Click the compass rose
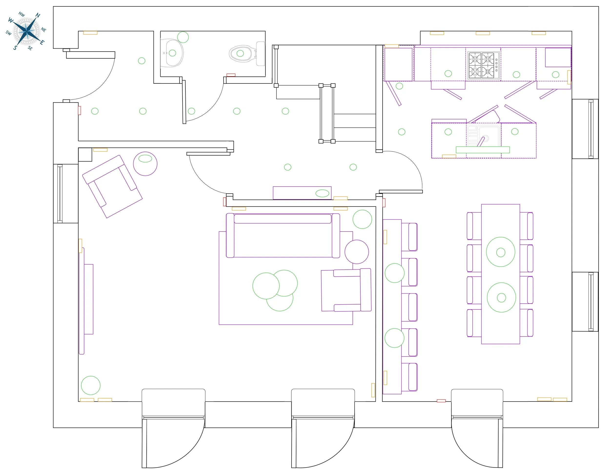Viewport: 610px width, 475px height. [x=27, y=32]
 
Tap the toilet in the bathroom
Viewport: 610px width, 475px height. [x=247, y=53]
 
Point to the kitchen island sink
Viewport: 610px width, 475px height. [x=483, y=136]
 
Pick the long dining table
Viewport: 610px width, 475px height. [x=500, y=274]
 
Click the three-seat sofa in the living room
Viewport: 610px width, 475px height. [x=283, y=235]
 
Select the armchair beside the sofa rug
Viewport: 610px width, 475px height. [x=346, y=290]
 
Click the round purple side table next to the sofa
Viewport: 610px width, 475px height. [x=356, y=252]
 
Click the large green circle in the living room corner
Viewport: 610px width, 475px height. [x=91, y=385]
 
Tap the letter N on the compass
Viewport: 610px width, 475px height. [x=38, y=15]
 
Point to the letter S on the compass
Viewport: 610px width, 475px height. [x=15, y=48]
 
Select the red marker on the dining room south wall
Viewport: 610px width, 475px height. [x=441, y=401]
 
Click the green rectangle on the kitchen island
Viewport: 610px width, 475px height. [x=482, y=149]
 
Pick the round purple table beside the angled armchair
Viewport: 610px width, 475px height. [x=145, y=164]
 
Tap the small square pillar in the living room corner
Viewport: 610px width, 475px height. [x=85, y=154]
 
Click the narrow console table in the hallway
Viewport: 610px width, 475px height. [x=302, y=193]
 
